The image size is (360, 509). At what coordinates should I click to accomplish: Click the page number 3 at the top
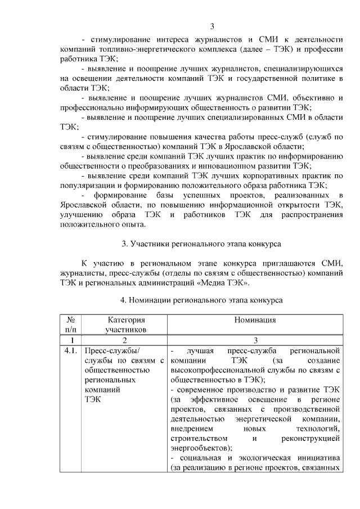(212, 26)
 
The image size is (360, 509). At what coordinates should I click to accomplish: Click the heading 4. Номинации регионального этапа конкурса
(201, 300)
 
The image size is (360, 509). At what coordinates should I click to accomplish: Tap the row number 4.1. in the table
(71, 351)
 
